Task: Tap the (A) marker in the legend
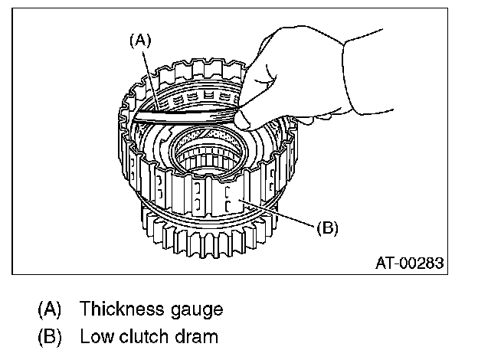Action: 50,310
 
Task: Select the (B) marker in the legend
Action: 50,335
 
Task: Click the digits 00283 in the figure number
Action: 421,263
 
